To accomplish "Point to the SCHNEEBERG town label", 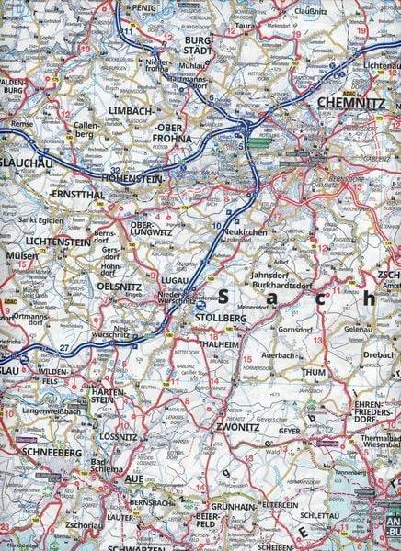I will (x=36, y=453).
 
